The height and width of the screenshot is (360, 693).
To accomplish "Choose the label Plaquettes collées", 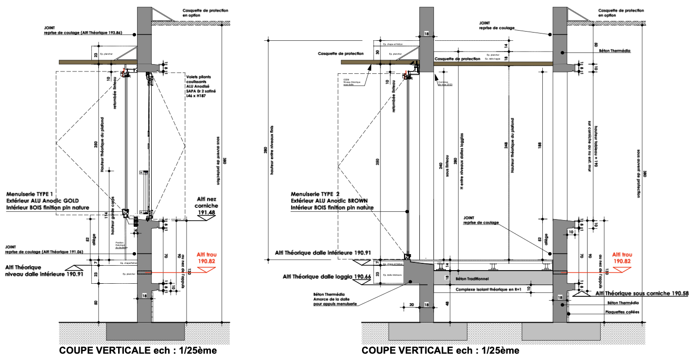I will [623, 312].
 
